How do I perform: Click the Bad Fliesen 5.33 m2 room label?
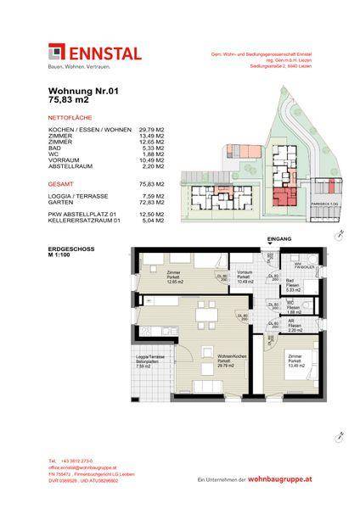click(292, 284)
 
